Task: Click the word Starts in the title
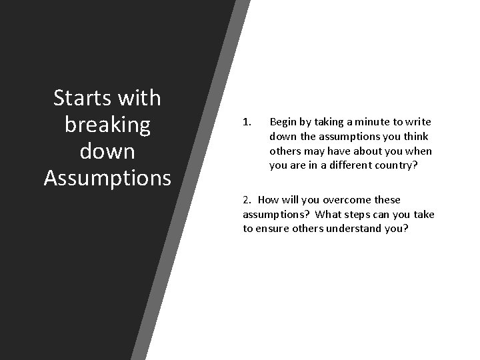83,98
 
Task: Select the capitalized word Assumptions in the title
107,178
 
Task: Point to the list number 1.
246,122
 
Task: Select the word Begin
283,122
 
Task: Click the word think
416,137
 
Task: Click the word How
268,199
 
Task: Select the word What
328,214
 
